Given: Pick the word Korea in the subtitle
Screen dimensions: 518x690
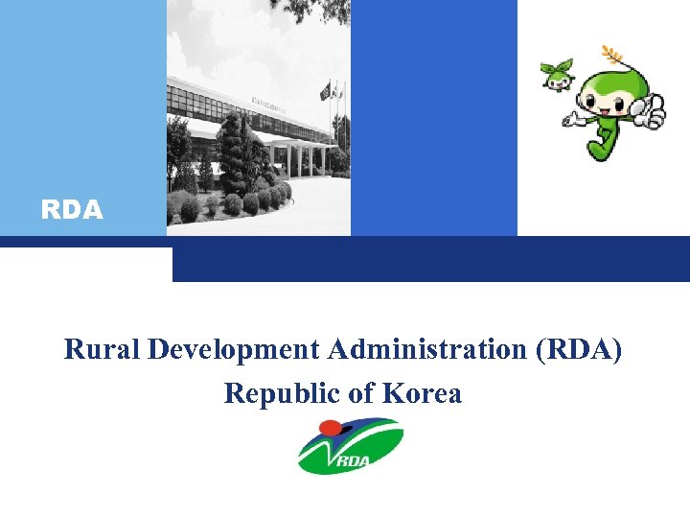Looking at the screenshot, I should tap(422, 393).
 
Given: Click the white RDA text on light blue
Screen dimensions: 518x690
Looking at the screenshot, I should tap(72, 210).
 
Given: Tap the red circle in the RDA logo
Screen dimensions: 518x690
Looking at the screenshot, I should tap(331, 428).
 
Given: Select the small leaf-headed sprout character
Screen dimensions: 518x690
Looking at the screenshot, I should tap(556, 77).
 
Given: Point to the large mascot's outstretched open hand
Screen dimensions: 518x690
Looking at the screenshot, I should tap(572, 121).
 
